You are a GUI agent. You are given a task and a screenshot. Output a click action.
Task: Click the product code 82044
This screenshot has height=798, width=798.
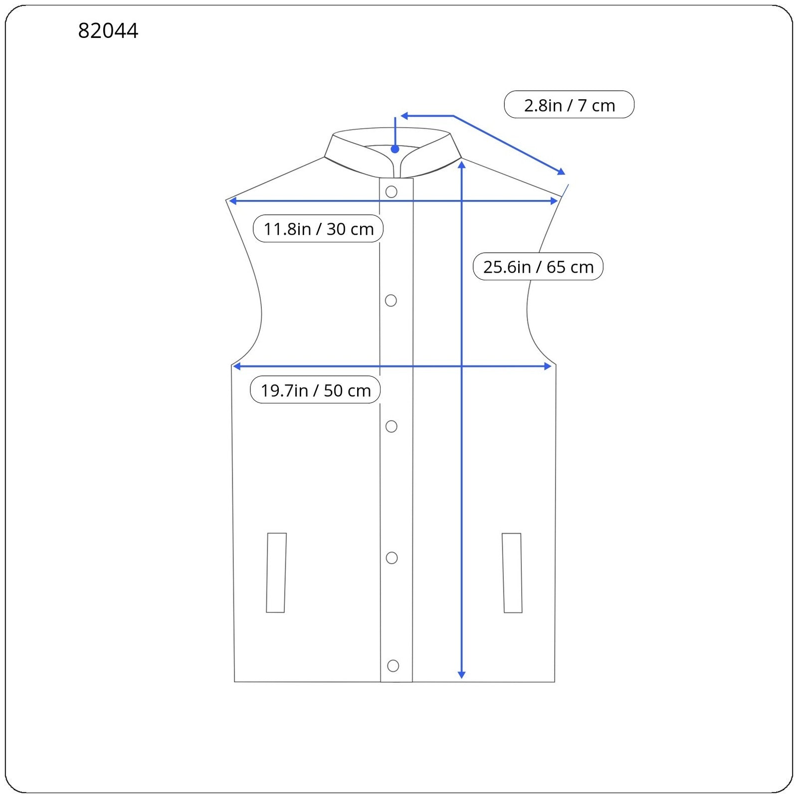[108, 31]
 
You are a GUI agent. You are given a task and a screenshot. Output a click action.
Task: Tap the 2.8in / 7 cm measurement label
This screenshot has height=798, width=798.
[569, 105]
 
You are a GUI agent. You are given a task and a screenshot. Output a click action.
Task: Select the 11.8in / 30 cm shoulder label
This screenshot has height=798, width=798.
[318, 228]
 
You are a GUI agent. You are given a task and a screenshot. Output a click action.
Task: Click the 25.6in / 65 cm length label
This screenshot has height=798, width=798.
[538, 266]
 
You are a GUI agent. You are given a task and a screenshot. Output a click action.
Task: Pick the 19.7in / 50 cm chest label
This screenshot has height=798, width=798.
[315, 390]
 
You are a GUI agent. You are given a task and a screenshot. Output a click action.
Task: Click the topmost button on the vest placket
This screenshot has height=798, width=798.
[392, 192]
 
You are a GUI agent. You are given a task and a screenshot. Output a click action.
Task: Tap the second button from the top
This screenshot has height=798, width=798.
[391, 300]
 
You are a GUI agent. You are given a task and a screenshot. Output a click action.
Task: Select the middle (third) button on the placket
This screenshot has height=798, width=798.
[392, 426]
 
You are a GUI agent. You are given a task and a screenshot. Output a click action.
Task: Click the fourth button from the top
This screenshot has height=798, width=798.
[392, 558]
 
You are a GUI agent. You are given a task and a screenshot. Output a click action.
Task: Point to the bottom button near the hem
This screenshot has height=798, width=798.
[393, 665]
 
